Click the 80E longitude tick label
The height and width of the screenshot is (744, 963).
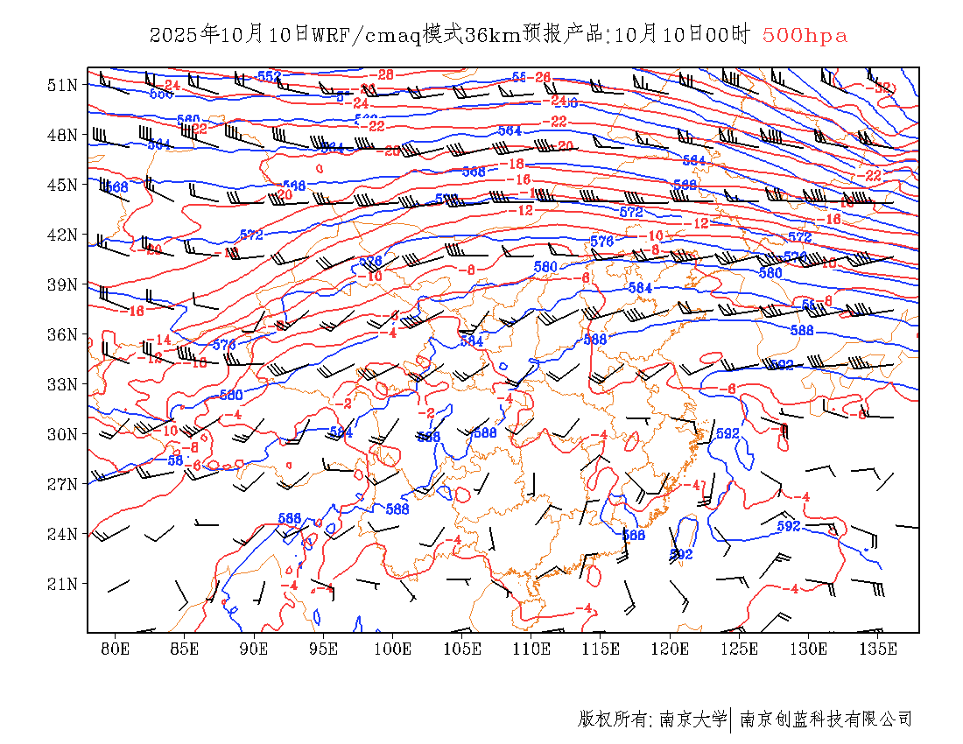(115, 649)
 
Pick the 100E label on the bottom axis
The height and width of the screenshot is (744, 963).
(392, 649)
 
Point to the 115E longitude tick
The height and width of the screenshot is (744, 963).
(601, 649)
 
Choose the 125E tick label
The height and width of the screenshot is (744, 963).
(740, 649)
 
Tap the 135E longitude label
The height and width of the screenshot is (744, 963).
(878, 649)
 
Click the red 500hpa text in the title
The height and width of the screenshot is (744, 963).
(805, 36)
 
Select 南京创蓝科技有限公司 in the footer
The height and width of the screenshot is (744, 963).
(826, 719)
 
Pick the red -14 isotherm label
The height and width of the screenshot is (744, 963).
(158, 340)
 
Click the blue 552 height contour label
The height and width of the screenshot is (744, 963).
(269, 76)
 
